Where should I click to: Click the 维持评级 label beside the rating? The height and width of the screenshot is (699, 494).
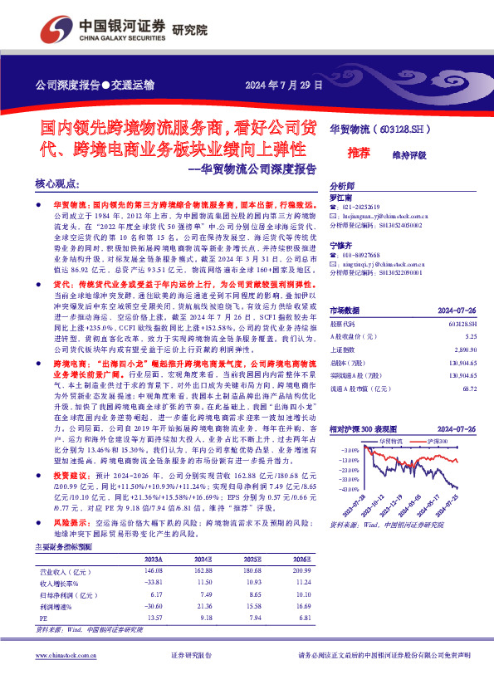tap(408, 154)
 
